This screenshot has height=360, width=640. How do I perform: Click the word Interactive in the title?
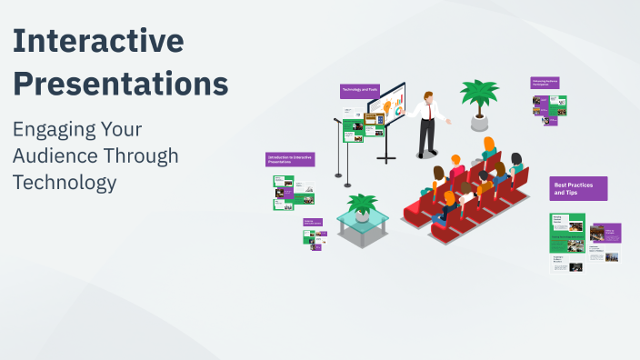[x=99, y=42]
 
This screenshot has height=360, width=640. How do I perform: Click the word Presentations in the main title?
[x=121, y=84]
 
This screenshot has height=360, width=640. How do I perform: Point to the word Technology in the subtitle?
[x=65, y=182]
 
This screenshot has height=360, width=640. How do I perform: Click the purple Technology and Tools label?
[x=359, y=91]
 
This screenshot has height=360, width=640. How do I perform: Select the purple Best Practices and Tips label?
[x=578, y=188]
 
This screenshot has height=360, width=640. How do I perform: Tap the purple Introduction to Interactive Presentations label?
[x=291, y=159]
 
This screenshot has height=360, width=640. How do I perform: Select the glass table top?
[x=363, y=219]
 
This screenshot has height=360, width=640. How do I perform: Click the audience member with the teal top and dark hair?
[x=515, y=165]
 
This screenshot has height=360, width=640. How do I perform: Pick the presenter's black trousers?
[x=425, y=137]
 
